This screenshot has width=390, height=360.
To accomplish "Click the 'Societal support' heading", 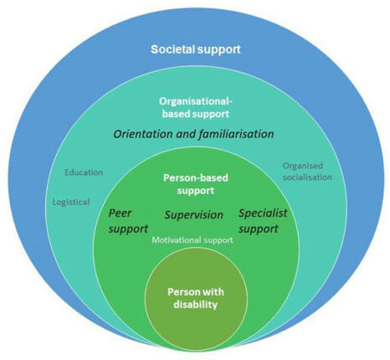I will pyautogui.click(x=195, y=49).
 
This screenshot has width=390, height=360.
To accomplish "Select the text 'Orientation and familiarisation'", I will pyautogui.click(x=193, y=133).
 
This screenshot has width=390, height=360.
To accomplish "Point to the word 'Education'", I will pyautogui.click(x=84, y=172).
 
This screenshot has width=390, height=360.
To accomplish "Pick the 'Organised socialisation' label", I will pyautogui.click(x=307, y=171).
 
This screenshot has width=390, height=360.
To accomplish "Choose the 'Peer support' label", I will pyautogui.click(x=129, y=221).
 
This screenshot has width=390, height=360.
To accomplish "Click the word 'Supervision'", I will pyautogui.click(x=193, y=215).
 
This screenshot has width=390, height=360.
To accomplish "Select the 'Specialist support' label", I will pyautogui.click(x=263, y=221).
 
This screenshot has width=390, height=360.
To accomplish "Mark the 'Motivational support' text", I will pyautogui.click(x=192, y=240).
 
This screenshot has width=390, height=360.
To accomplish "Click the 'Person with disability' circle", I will pyautogui.click(x=193, y=297).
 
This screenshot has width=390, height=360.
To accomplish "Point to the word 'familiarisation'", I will pyautogui.click(x=233, y=133).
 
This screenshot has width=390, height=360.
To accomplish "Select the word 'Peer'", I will pyautogui.click(x=121, y=213).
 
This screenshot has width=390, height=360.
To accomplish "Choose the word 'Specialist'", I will pyautogui.click(x=263, y=213).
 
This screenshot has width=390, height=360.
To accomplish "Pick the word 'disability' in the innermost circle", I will pyautogui.click(x=193, y=305).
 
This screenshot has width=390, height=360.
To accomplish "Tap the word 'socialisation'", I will pyautogui.click(x=307, y=177).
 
